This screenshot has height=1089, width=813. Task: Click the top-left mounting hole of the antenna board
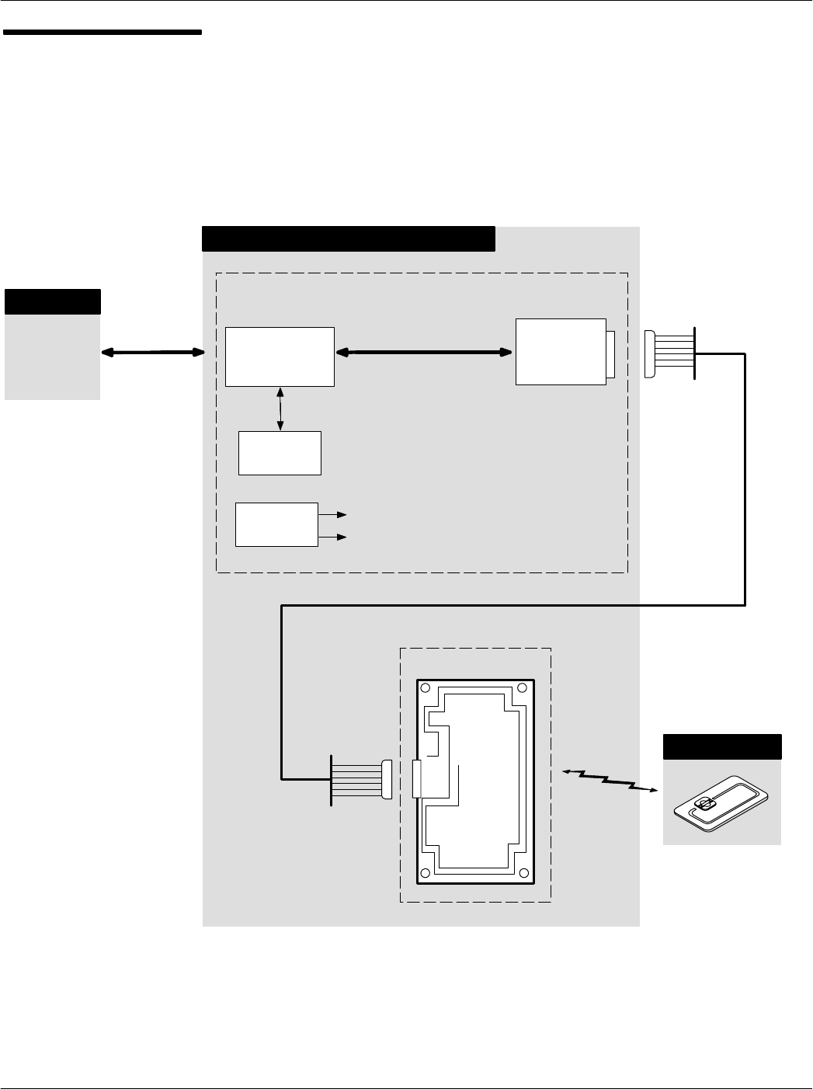(426, 687)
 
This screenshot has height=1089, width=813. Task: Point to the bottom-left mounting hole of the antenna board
(426, 874)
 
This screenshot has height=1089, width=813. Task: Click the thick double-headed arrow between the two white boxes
(424, 353)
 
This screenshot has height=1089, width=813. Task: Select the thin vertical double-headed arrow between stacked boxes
(280, 409)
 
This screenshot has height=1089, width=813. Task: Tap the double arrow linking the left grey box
(152, 353)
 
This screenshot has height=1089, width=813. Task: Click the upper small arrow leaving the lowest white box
(335, 514)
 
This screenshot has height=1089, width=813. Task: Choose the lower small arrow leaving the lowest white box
(335, 537)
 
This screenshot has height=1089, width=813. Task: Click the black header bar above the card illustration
(721, 746)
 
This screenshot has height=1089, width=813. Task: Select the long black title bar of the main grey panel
(348, 238)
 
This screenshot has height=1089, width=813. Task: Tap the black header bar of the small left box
(53, 301)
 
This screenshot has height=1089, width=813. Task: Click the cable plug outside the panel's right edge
(651, 354)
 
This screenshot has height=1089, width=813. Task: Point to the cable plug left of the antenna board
(387, 780)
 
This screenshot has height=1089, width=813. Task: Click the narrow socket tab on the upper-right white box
(610, 354)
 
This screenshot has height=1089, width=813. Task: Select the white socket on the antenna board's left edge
(415, 779)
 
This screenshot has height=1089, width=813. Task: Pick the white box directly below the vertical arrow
(280, 453)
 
